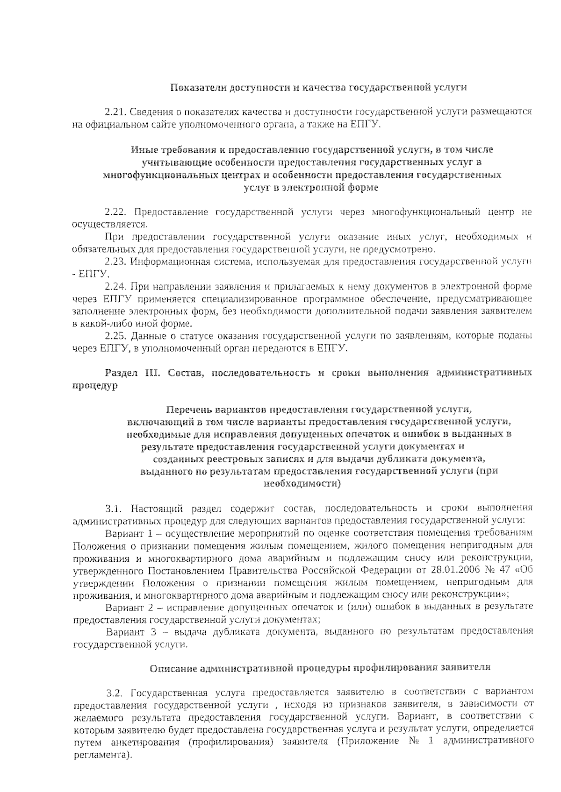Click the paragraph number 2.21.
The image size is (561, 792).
click(x=115, y=112)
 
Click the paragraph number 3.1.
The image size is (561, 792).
click(x=114, y=508)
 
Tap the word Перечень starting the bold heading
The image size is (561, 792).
click(x=189, y=410)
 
